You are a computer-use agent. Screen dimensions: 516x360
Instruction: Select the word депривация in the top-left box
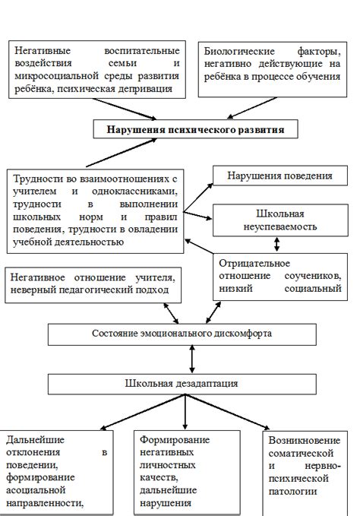click(156, 88)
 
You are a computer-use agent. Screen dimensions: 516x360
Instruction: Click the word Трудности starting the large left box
click(38, 179)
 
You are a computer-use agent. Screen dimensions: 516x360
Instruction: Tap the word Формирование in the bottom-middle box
click(175, 440)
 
